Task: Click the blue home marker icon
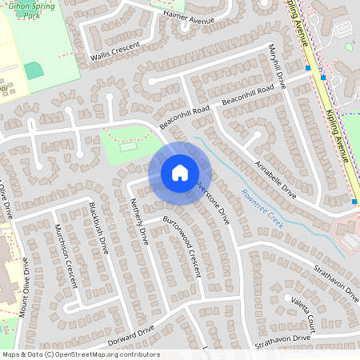click(179, 173)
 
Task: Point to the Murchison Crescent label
click(66, 255)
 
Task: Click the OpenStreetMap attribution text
click(81, 354)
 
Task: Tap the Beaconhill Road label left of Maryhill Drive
click(184, 118)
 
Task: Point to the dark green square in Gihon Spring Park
click(34, 70)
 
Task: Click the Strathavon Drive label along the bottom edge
click(279, 338)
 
